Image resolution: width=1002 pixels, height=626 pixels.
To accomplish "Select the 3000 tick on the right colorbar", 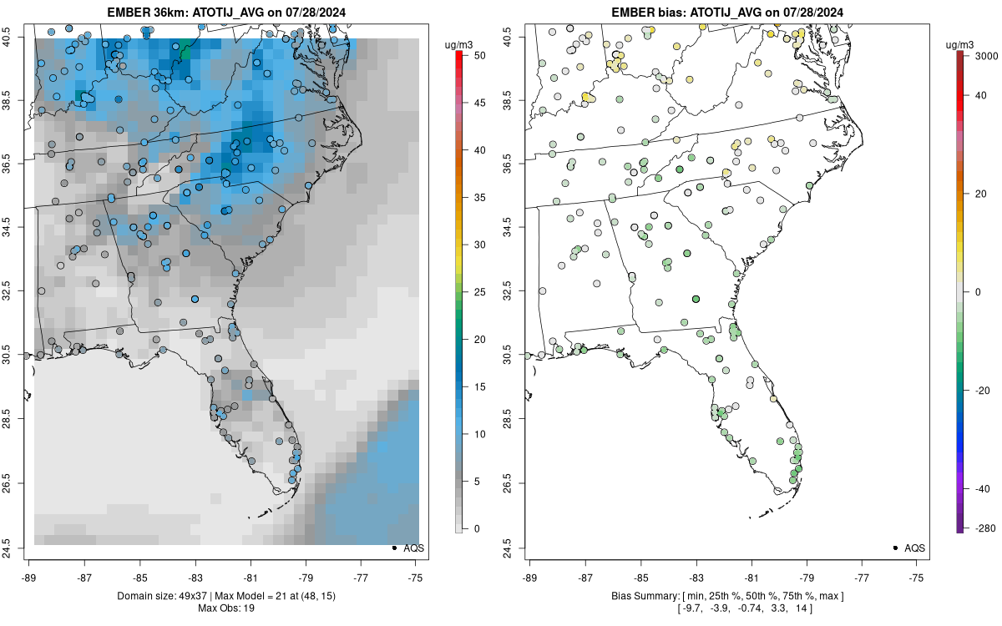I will (984, 56).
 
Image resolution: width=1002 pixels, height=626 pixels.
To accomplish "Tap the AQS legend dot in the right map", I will (895, 548).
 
